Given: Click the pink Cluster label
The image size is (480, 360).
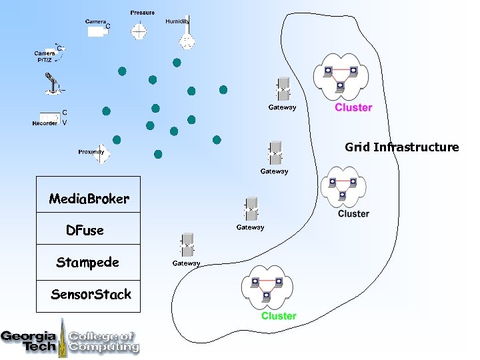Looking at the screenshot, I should [x=353, y=107].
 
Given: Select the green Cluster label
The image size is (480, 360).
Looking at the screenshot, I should [x=279, y=316].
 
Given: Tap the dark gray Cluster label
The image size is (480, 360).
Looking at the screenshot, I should [x=353, y=214].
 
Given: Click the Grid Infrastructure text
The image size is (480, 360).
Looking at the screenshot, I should [x=401, y=147].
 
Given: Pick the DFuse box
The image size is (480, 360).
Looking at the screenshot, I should [x=88, y=230].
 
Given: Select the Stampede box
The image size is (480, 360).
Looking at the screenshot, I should [x=88, y=263].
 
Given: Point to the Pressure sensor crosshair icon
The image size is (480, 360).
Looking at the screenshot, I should [x=139, y=30].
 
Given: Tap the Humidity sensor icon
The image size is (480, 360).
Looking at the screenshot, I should [x=187, y=37].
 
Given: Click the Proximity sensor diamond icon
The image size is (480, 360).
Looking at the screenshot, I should [x=102, y=153].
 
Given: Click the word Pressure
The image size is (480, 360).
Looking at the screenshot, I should [x=142, y=13].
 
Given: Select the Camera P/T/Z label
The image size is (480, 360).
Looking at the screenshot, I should [x=45, y=57].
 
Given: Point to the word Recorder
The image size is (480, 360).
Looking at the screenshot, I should [x=45, y=123].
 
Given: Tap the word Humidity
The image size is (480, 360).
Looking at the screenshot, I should [x=177, y=21].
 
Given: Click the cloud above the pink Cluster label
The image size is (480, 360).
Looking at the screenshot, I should [x=341, y=75].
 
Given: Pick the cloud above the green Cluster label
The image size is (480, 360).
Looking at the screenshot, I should [x=266, y=285].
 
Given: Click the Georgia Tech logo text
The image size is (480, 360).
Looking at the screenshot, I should [x=29, y=340].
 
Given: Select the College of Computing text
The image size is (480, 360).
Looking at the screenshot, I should [x=104, y=341].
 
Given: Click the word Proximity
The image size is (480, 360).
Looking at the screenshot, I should [x=91, y=152].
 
